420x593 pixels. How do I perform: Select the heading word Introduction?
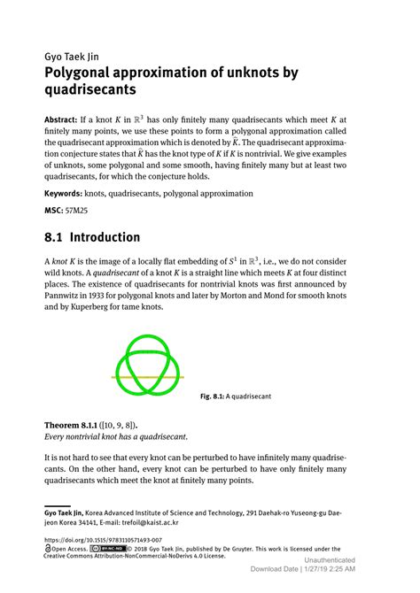click(x=105, y=237)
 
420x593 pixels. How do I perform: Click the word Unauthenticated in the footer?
click(x=330, y=560)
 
